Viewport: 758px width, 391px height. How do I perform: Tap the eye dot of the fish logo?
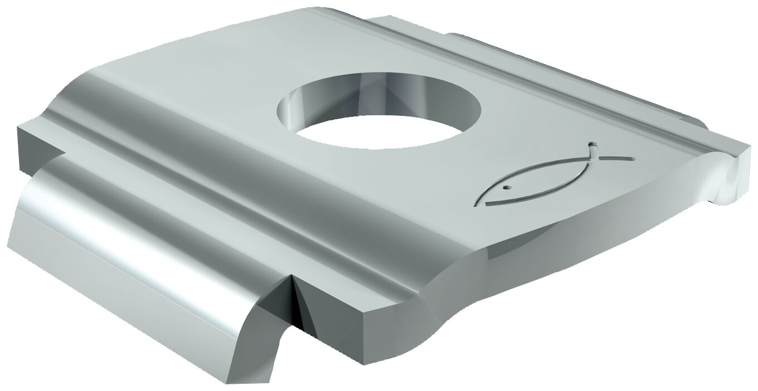pos(506,188)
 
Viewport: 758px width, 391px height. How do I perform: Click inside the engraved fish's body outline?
pos(535,184)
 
